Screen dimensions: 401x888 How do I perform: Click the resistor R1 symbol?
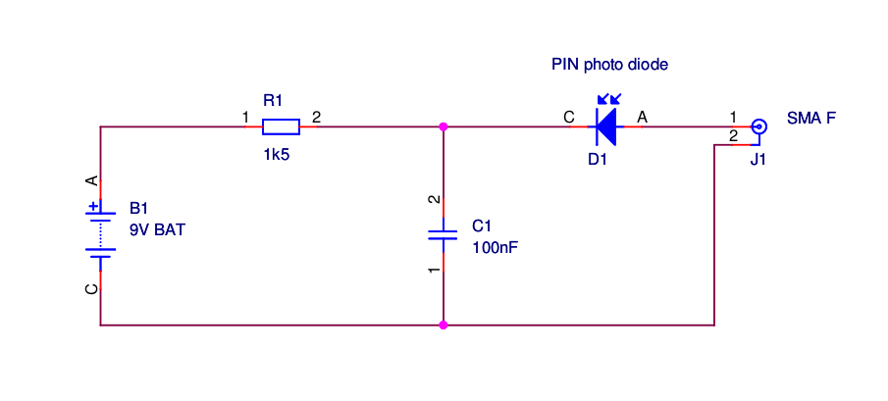click(x=281, y=126)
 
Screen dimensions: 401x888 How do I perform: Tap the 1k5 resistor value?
click(x=276, y=155)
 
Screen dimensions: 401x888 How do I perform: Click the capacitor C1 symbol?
click(x=444, y=235)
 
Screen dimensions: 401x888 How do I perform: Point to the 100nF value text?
click(x=495, y=248)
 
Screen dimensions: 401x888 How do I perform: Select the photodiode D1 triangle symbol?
click(x=606, y=126)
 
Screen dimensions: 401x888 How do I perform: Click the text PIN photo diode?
click(x=609, y=66)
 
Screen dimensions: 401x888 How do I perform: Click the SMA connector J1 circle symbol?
click(x=758, y=126)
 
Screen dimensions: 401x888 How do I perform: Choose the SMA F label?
click(x=811, y=119)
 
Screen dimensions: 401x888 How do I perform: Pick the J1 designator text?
click(x=758, y=159)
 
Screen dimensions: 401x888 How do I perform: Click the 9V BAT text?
click(x=157, y=230)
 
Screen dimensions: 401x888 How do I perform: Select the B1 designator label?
click(x=138, y=209)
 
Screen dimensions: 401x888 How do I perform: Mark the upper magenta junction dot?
click(x=444, y=126)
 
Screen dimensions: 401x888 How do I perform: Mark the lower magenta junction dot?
click(x=444, y=325)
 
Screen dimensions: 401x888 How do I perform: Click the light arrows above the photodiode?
click(x=609, y=99)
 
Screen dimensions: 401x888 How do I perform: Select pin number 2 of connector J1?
click(x=732, y=135)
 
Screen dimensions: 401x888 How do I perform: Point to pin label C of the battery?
click(x=91, y=289)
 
